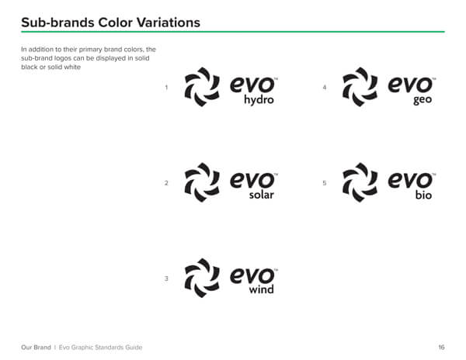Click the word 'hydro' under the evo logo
pyautogui.click(x=259, y=100)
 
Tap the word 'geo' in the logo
pyautogui.click(x=423, y=100)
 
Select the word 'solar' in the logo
pyautogui.click(x=262, y=195)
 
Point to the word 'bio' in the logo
pyautogui.click(x=423, y=195)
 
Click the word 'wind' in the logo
pyautogui.click(x=262, y=289)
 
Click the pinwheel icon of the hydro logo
pyautogui.click(x=202, y=87)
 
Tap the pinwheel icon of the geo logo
pyautogui.click(x=360, y=87)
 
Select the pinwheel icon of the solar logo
pyautogui.click(x=202, y=182)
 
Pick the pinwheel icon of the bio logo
pyautogui.click(x=360, y=182)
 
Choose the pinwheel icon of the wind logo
pyautogui.click(x=202, y=278)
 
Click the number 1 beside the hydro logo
pyautogui.click(x=166, y=87)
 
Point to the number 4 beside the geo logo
pyautogui.click(x=325, y=87)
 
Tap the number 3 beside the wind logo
pyautogui.click(x=166, y=279)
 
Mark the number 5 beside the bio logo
pyautogui.click(x=325, y=183)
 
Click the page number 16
pyautogui.click(x=441, y=348)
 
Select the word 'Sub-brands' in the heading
pyautogui.click(x=57, y=22)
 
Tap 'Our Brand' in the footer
pyautogui.click(x=36, y=348)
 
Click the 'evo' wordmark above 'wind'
pyautogui.click(x=252, y=275)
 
